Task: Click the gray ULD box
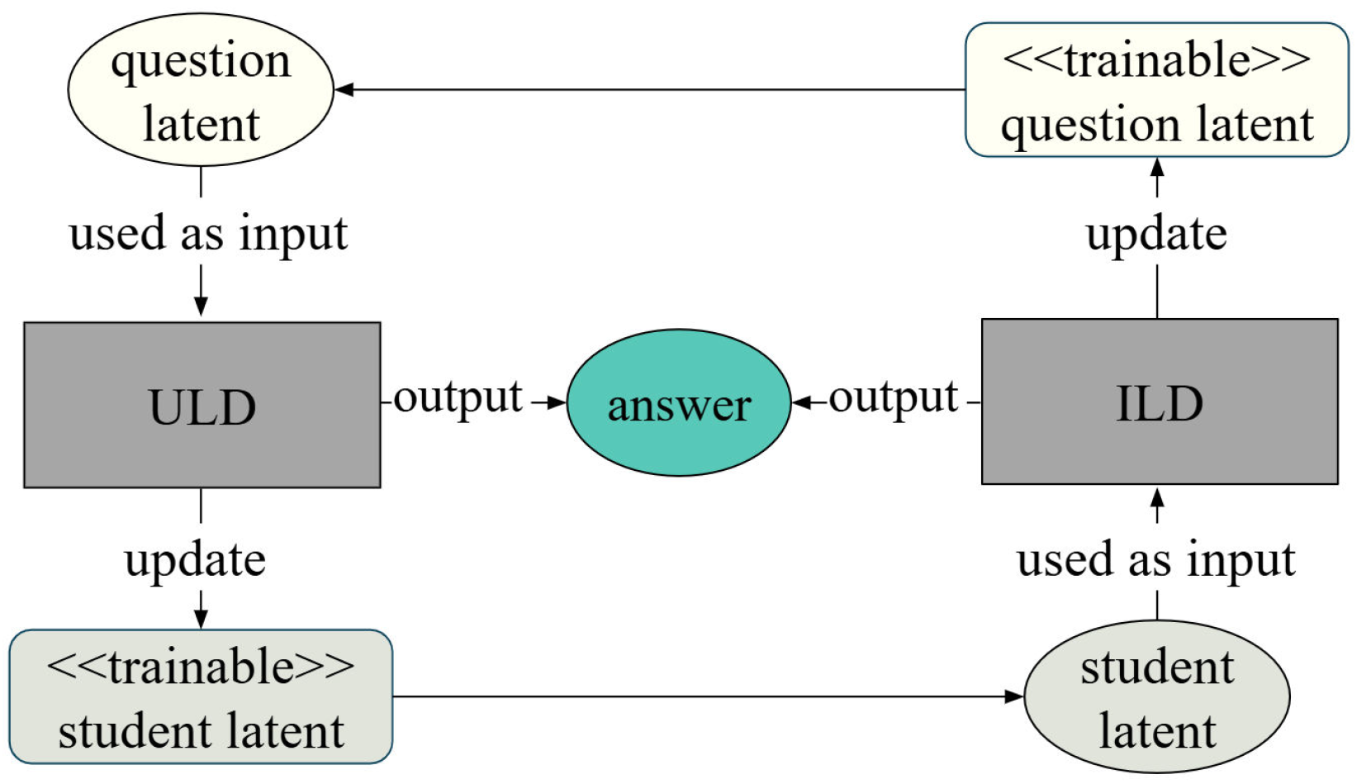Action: point(202,405)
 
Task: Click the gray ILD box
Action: point(1159,402)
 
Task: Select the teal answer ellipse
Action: point(679,403)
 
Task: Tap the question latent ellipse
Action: point(201,90)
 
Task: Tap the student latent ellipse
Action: point(1156,697)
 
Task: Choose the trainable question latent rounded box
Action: point(1156,90)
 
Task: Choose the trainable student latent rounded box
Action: point(201,697)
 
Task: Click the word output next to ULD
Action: point(458,398)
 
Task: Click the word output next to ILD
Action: point(893,398)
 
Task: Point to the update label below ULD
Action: point(195,560)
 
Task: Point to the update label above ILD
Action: point(1156,234)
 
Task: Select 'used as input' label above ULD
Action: point(208,234)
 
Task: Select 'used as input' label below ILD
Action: point(1155,560)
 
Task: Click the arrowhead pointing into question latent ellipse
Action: point(344,89)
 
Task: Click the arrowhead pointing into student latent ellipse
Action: point(1014,696)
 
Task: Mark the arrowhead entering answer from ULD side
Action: point(557,403)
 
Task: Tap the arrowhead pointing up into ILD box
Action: point(1157,497)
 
